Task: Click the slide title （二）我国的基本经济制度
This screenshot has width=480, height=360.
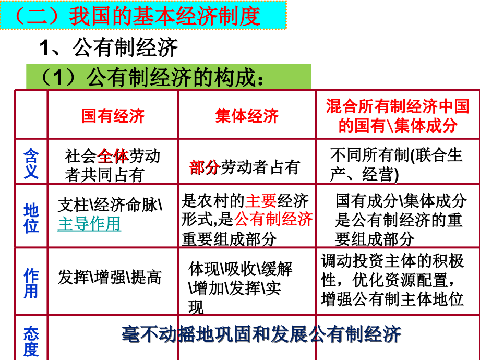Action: (137, 17)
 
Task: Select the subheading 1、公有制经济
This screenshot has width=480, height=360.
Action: (109, 49)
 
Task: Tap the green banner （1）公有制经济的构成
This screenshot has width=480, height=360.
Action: (151, 78)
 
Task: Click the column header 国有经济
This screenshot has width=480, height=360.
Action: (113, 116)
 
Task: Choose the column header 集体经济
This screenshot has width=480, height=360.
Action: (247, 116)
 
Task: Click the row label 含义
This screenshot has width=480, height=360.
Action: (31, 163)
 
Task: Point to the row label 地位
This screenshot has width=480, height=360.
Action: (31, 218)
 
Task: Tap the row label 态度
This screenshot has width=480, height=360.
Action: (31, 341)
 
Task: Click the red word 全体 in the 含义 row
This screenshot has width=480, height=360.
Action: (113, 156)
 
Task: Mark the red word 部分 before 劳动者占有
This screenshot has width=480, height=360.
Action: (204, 167)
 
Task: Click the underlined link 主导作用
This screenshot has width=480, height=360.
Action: (89, 224)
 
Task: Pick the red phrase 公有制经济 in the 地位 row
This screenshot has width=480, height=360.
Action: (274, 219)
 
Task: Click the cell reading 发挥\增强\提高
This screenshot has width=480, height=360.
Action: (110, 278)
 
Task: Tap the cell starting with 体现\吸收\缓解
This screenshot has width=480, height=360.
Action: (240, 287)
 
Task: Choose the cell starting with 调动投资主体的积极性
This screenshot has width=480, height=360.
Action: (392, 280)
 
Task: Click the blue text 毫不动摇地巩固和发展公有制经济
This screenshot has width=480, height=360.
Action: (261, 334)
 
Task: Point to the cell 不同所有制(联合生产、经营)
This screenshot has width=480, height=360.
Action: (396, 164)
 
